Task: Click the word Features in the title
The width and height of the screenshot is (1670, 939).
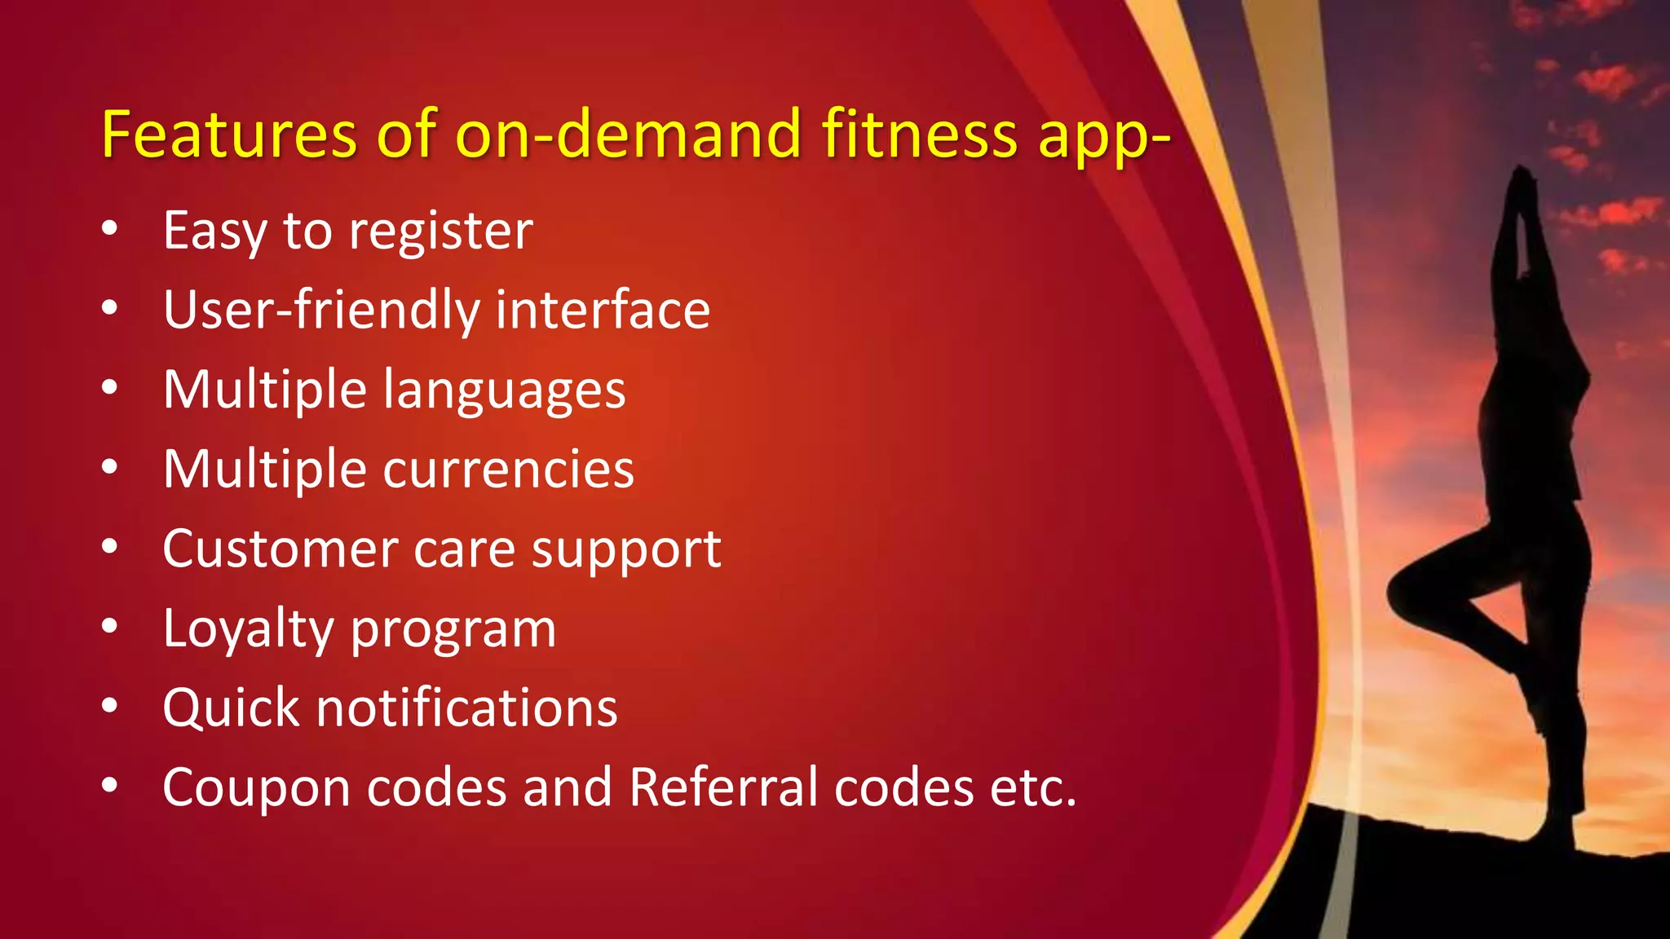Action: pyautogui.click(x=229, y=134)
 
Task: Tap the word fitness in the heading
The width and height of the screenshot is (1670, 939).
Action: pyautogui.click(x=919, y=134)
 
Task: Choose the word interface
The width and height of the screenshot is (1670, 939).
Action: pyautogui.click(x=603, y=311)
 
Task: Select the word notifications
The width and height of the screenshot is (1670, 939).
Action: pyautogui.click(x=466, y=708)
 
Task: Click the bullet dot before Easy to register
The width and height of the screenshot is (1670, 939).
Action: pyautogui.click(x=110, y=229)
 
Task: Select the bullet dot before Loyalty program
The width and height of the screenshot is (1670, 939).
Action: pyautogui.click(x=110, y=626)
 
